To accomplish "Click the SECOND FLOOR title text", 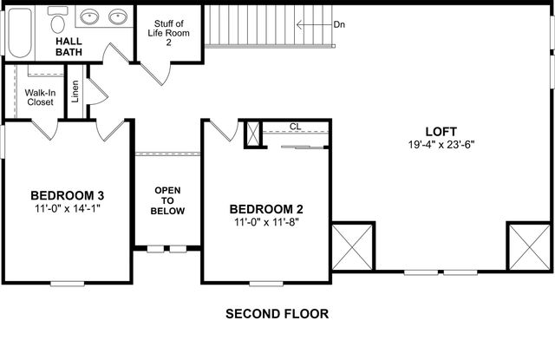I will pyautogui.click(x=277, y=314).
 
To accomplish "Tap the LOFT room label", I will pyautogui.click(x=442, y=132).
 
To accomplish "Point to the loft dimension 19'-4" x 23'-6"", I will pyautogui.click(x=442, y=145).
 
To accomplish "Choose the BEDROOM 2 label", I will pyautogui.click(x=266, y=209).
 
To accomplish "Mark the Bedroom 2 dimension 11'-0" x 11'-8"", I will pyautogui.click(x=266, y=223).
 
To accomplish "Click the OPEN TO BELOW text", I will pyautogui.click(x=167, y=200).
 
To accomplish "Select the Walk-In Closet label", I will pyautogui.click(x=39, y=96).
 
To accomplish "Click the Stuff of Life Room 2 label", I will pyautogui.click(x=169, y=32).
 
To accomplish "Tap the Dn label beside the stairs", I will pyautogui.click(x=340, y=24).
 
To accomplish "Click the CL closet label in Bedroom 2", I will pyautogui.click(x=295, y=127).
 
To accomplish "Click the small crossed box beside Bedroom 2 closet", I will pyautogui.click(x=253, y=134).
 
